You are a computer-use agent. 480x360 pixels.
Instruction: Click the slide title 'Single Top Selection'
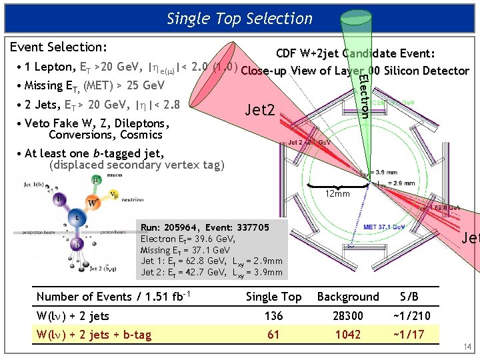click(239, 19)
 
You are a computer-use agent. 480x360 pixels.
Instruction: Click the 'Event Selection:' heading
click(58, 47)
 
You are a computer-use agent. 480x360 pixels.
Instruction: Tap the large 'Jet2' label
click(260, 109)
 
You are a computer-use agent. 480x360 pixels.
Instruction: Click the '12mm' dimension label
click(337, 193)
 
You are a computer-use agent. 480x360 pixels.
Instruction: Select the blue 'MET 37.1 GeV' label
click(385, 227)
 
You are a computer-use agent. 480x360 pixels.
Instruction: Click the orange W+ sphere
click(91, 201)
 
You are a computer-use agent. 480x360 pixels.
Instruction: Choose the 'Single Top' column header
click(273, 297)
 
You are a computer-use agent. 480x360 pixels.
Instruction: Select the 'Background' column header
click(347, 297)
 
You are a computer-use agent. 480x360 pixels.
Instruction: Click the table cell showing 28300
click(347, 316)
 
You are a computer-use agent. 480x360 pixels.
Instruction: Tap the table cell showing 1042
click(347, 335)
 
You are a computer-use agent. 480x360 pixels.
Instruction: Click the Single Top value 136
click(273, 316)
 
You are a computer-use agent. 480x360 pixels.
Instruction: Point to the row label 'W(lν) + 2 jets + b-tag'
click(94, 335)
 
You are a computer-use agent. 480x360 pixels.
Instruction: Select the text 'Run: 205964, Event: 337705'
click(205, 227)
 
